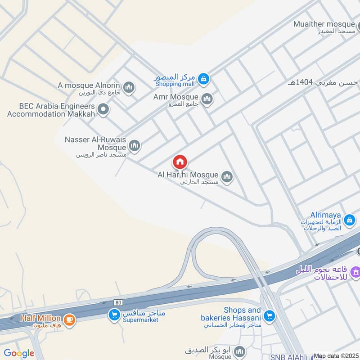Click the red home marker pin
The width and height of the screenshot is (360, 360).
point(180,162)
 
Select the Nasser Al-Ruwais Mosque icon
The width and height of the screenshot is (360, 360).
point(134,145)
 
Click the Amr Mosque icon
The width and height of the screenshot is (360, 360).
point(207,99)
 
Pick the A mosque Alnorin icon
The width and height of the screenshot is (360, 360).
point(129,87)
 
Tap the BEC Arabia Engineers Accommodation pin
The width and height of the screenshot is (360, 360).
point(104,109)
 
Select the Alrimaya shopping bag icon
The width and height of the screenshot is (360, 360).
point(349,220)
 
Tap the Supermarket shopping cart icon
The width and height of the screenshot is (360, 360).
point(114,315)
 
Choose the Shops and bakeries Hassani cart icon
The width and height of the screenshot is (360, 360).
point(269,315)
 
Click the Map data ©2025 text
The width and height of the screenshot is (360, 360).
point(336,356)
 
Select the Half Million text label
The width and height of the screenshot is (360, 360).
point(40,318)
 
